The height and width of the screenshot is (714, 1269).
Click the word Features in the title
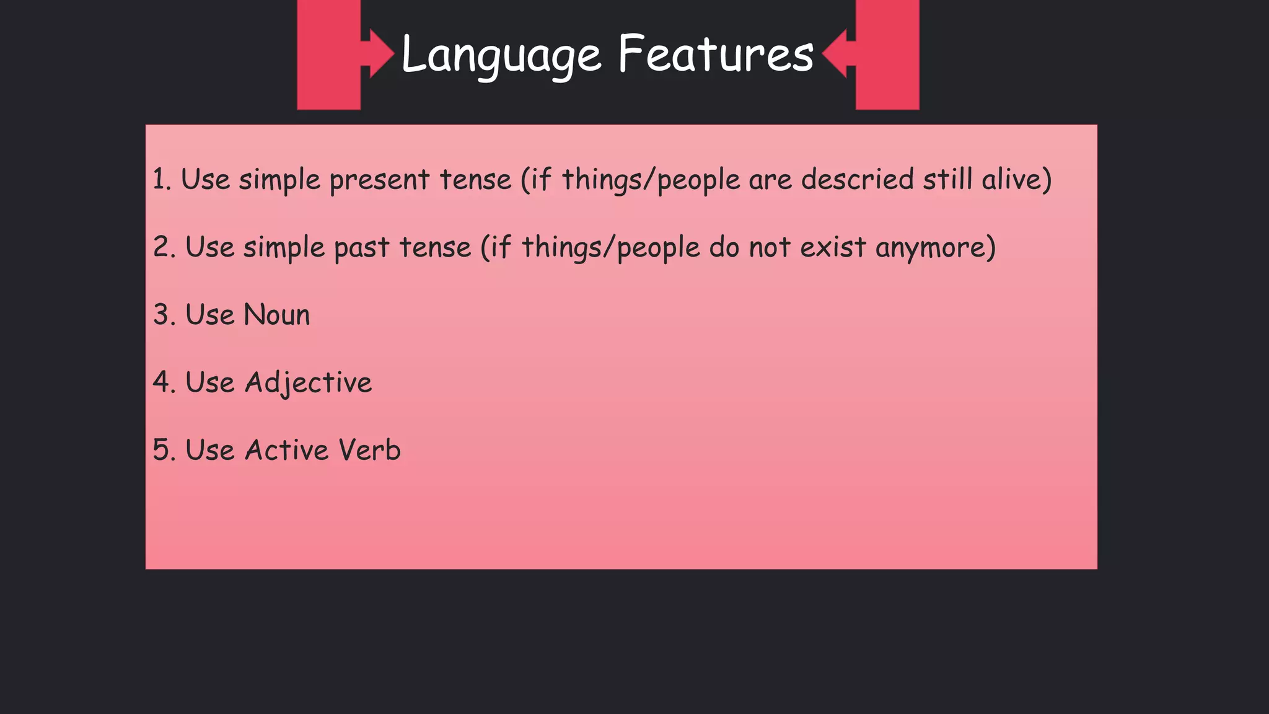[715, 55]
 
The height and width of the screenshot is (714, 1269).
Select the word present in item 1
[379, 180]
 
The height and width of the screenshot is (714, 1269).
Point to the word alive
[1016, 180]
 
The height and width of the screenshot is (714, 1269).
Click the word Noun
[277, 315]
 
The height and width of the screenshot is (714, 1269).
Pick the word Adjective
[308, 383]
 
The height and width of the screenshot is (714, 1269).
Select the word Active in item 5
[286, 450]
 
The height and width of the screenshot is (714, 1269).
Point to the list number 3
[162, 315]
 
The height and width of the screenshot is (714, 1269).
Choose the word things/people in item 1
[651, 180]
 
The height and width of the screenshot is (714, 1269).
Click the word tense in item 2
[435, 248]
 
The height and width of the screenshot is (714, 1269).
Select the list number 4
[162, 382]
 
